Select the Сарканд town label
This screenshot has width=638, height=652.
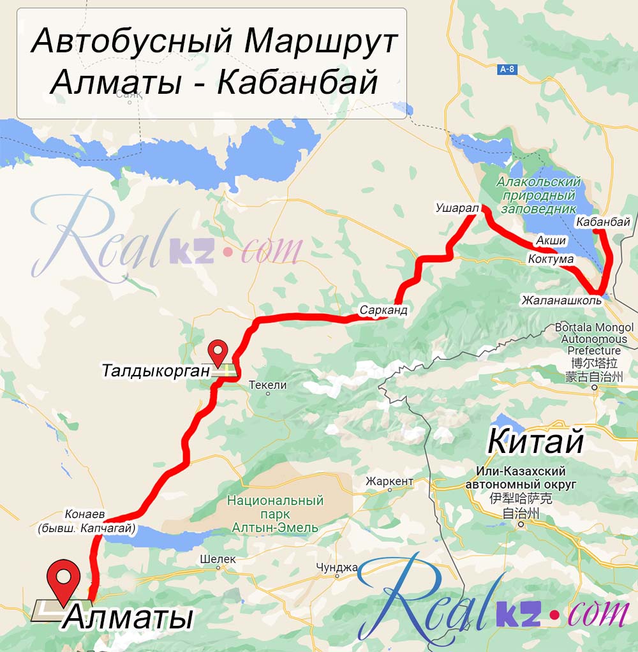383,309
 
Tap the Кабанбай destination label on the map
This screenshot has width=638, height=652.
603,222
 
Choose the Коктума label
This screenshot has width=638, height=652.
551,260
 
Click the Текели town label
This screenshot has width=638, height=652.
267,385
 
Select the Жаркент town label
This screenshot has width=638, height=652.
389,481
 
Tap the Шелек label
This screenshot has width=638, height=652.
218,559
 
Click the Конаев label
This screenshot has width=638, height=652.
84,514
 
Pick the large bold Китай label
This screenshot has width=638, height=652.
535,441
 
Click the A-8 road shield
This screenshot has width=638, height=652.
507,70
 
